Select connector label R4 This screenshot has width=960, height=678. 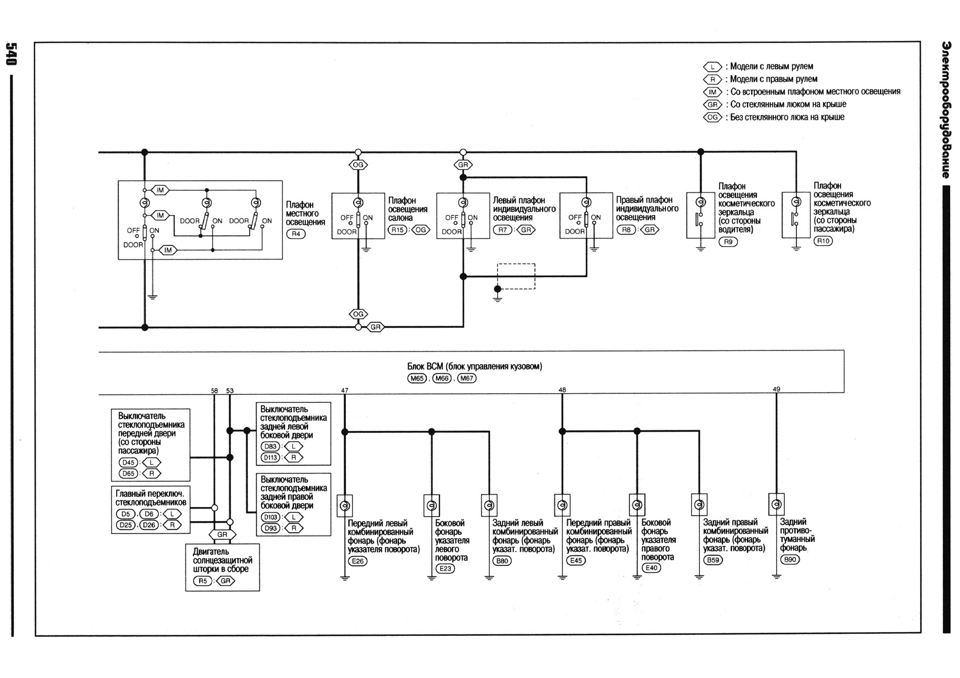pyautogui.click(x=296, y=234)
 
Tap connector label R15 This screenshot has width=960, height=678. pyautogui.click(x=397, y=230)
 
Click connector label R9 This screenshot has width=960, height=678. pyautogui.click(x=728, y=242)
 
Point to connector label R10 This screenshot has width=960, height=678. pyautogui.click(x=823, y=241)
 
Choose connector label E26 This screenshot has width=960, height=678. pyautogui.click(x=357, y=561)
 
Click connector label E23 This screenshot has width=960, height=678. pyautogui.click(x=445, y=569)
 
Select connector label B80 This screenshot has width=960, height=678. pyautogui.click(x=502, y=561)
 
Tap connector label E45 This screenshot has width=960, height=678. pyautogui.click(x=576, y=560)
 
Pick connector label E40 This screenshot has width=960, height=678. pyautogui.click(x=651, y=568)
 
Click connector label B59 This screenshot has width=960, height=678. pyautogui.click(x=713, y=560)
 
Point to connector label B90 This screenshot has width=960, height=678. pyautogui.click(x=790, y=560)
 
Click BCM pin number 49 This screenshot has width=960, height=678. pyautogui.click(x=776, y=389)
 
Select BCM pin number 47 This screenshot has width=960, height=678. pyautogui.click(x=344, y=390)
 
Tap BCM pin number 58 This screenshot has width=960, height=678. pyautogui.click(x=215, y=391)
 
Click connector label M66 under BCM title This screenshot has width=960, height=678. pyautogui.click(x=442, y=378)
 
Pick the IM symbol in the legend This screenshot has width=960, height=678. pyautogui.click(x=713, y=92)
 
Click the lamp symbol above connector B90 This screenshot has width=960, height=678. pyautogui.click(x=776, y=504)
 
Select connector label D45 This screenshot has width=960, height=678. pyautogui.click(x=129, y=463)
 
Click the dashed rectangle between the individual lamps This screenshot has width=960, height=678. pyautogui.click(x=516, y=276)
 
